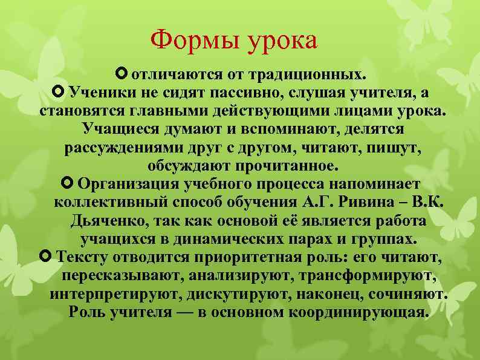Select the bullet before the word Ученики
pos(59,93)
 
